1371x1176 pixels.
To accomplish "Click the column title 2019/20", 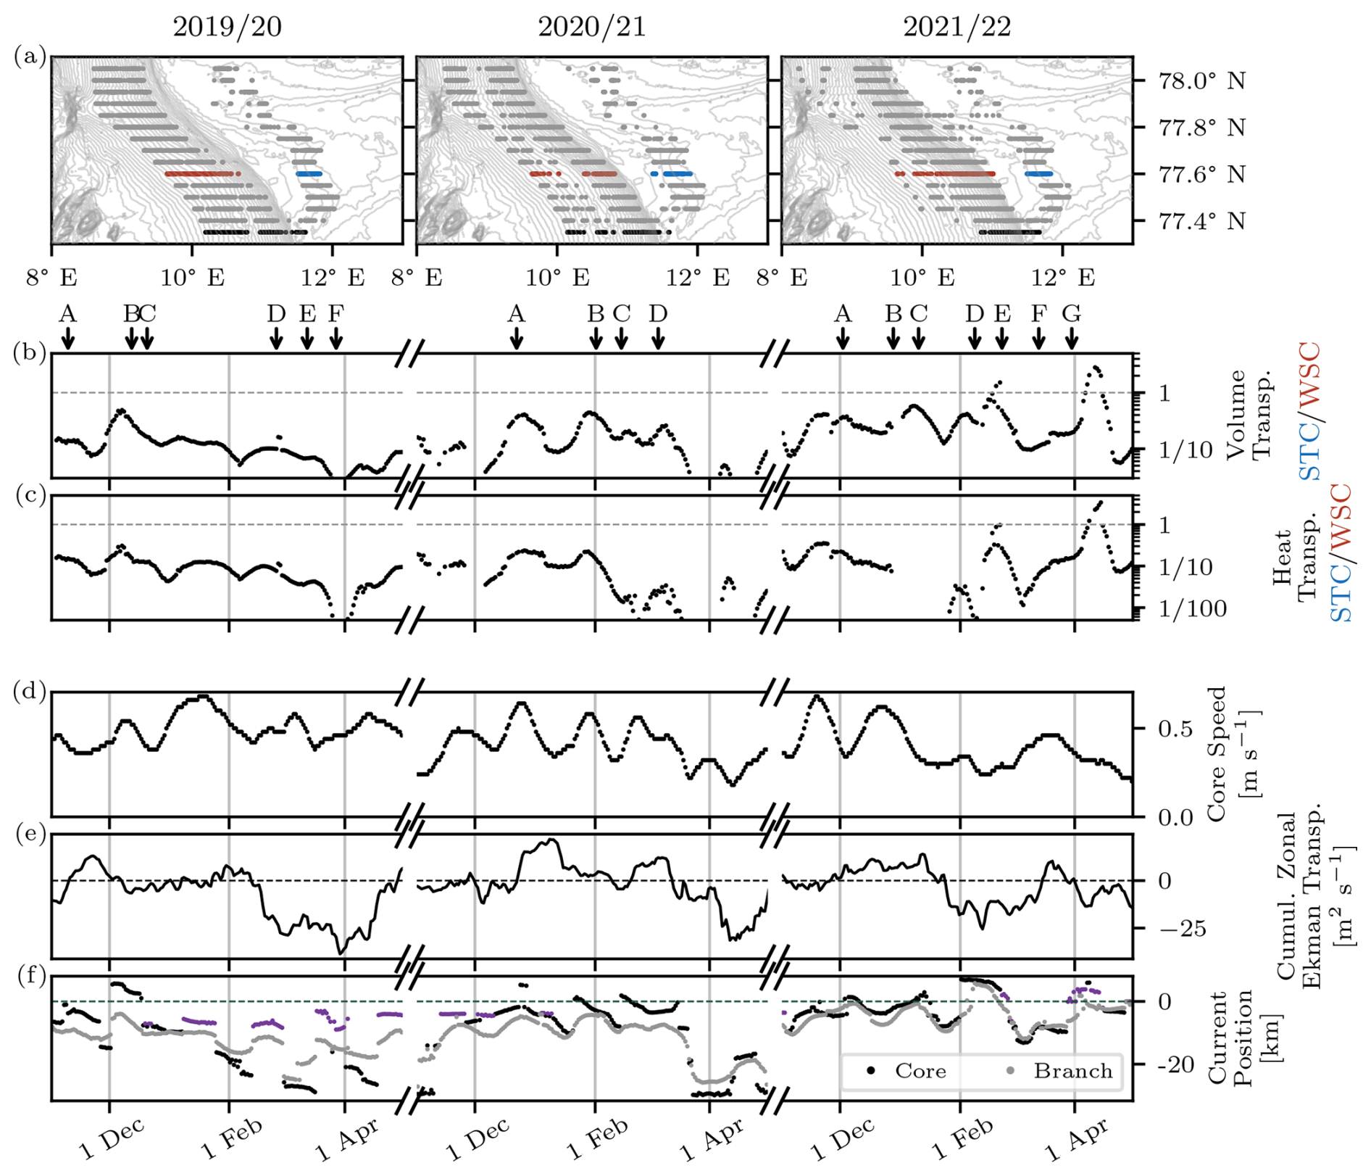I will (x=227, y=27).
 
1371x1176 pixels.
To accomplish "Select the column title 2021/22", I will (x=957, y=27).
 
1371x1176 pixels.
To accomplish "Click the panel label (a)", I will (x=30, y=56).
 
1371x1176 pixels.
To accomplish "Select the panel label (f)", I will (x=31, y=976).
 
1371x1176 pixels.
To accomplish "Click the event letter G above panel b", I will (x=1071, y=314).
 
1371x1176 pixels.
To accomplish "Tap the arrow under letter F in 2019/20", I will (x=336, y=338).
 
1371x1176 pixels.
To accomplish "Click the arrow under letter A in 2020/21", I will (x=516, y=338).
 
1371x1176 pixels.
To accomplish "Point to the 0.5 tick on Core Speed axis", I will (x=1175, y=729).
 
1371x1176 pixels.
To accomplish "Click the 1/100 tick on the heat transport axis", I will (x=1192, y=609).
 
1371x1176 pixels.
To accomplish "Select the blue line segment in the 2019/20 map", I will (x=309, y=174).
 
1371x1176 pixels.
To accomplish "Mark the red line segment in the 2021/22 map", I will (x=946, y=174).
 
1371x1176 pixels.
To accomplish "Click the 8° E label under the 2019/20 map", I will (x=52, y=278).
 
